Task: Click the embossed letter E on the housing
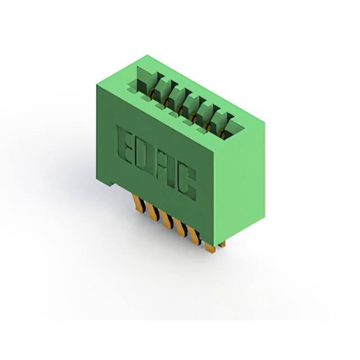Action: [125, 145]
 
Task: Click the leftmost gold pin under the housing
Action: [139, 203]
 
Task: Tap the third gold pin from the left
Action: [166, 220]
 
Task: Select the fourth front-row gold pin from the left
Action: [180, 227]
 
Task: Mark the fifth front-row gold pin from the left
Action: [194, 235]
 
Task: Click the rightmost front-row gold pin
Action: [210, 249]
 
